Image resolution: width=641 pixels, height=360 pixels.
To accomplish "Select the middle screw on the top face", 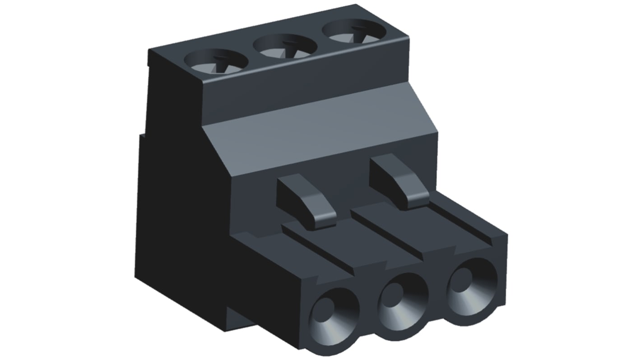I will click(x=285, y=46).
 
